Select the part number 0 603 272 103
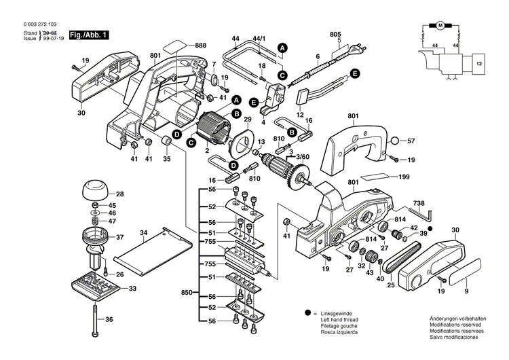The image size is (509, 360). (32, 24)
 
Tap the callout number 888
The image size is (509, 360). (200, 45)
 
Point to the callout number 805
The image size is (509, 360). (335, 34)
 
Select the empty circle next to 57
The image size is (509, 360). (395, 142)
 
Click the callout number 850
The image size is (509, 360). (187, 293)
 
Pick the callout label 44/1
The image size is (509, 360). (259, 40)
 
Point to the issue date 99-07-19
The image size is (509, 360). (52, 39)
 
